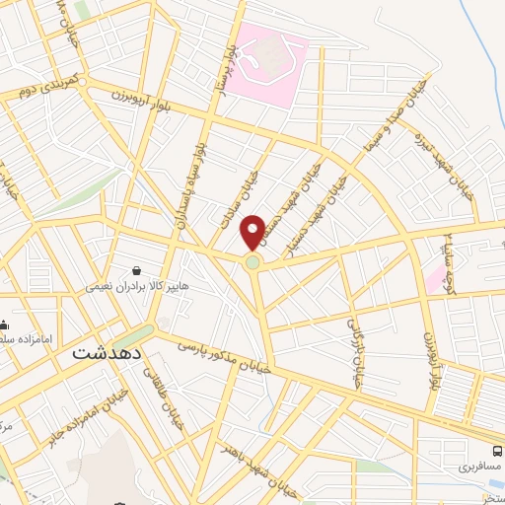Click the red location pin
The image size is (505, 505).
click(252, 232)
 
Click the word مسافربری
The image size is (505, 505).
click(478, 462)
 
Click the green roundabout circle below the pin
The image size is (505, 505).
click(253, 262)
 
